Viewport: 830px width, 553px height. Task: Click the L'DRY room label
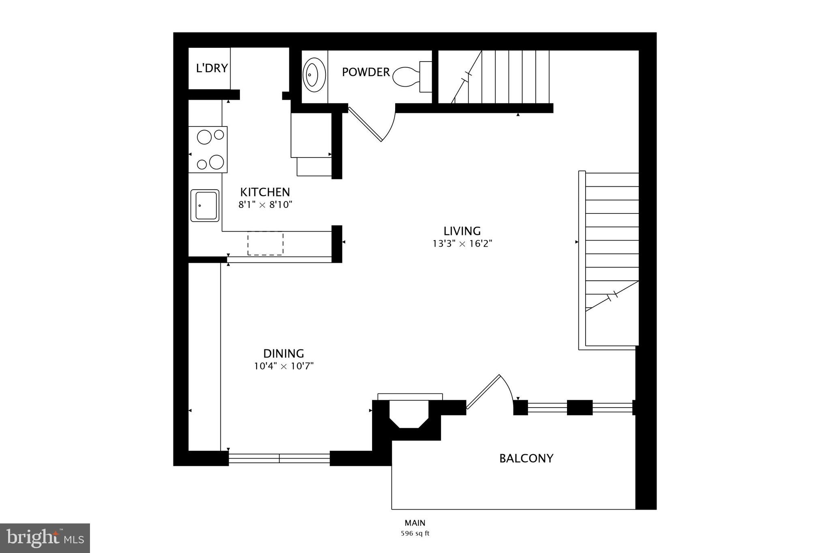point(212,68)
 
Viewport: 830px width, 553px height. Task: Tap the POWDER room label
point(366,72)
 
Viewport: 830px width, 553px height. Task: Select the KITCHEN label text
point(265,192)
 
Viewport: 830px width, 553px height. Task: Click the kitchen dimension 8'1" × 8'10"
point(265,205)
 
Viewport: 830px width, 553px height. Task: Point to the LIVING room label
point(462,231)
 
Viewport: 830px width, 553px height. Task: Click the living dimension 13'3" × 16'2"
point(462,243)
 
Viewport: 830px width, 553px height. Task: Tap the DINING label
point(284,353)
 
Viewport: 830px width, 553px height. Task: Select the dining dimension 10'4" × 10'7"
point(284,366)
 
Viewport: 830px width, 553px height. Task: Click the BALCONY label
point(526,458)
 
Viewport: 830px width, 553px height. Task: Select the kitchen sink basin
point(205,205)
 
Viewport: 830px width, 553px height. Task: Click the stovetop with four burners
point(208,149)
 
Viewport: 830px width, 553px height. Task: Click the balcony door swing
point(492,391)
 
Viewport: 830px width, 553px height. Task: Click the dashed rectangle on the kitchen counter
point(265,243)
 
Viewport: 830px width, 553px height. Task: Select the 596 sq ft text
point(415,534)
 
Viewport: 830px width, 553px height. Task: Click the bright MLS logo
point(45,538)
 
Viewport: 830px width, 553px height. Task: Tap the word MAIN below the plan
point(415,523)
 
